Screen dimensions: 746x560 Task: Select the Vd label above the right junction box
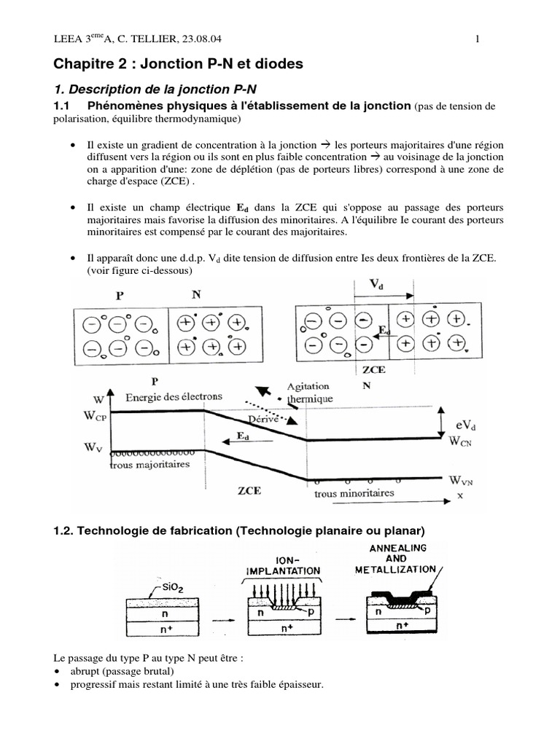click(376, 286)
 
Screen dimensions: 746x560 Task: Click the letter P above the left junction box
click(120, 297)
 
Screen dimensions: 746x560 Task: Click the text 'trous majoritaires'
click(149, 465)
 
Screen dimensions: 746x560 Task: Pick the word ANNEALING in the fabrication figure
click(400, 547)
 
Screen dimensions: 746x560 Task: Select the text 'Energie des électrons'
click(174, 397)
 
